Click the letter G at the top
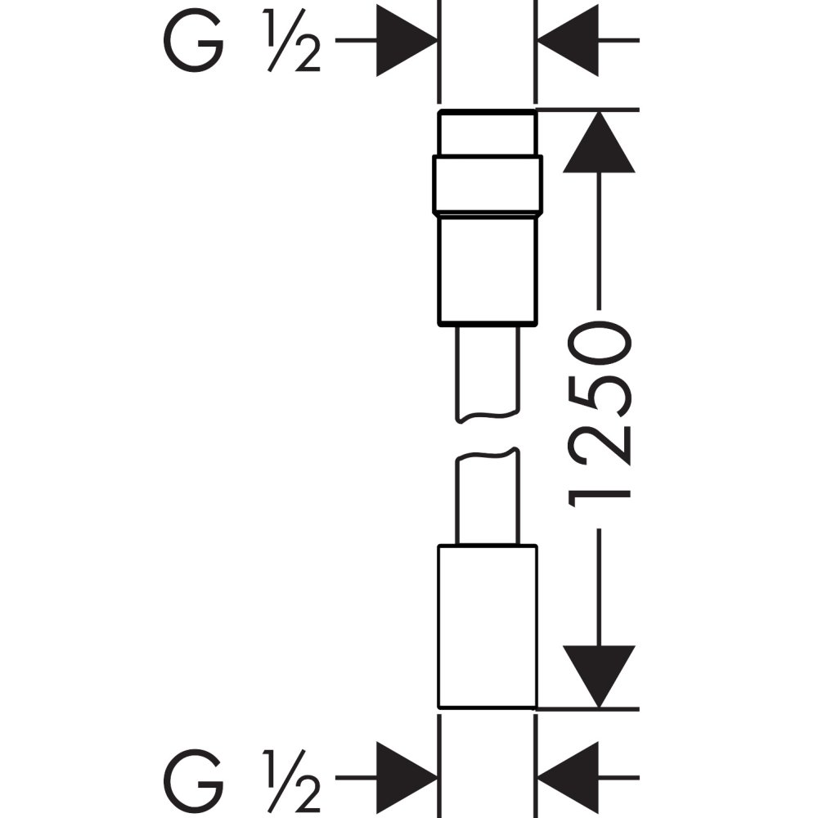click(x=194, y=41)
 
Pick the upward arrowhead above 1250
click(x=599, y=142)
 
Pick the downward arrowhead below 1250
click(x=599, y=676)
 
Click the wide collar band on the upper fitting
click(x=488, y=184)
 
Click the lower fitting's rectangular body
click(x=488, y=625)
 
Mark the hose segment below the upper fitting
click(x=488, y=372)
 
